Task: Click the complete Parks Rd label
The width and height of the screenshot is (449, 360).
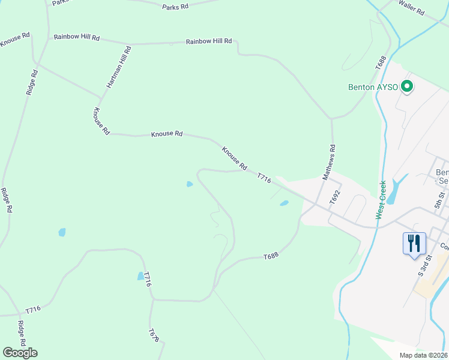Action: point(175,7)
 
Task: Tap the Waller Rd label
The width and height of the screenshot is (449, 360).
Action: point(411,7)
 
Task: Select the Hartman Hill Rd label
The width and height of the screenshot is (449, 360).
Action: point(119,67)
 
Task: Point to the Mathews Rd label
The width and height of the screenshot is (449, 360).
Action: point(329,162)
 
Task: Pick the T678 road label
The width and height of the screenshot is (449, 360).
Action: point(154,335)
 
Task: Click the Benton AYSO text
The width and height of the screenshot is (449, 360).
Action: point(373,87)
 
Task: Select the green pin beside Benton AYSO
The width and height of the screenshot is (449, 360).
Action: point(408,87)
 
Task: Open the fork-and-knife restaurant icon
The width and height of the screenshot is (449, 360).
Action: point(414,243)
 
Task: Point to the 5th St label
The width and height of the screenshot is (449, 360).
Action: point(440,199)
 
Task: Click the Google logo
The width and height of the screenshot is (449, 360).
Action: point(20,353)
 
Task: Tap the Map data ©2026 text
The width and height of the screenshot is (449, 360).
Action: point(424,355)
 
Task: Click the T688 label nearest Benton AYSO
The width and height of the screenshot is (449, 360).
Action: point(380,63)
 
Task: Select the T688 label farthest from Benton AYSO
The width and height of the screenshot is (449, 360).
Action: point(271,256)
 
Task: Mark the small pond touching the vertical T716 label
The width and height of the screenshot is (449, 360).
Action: point(140,276)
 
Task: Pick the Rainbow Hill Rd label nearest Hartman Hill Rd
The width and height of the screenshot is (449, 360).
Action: point(76,37)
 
